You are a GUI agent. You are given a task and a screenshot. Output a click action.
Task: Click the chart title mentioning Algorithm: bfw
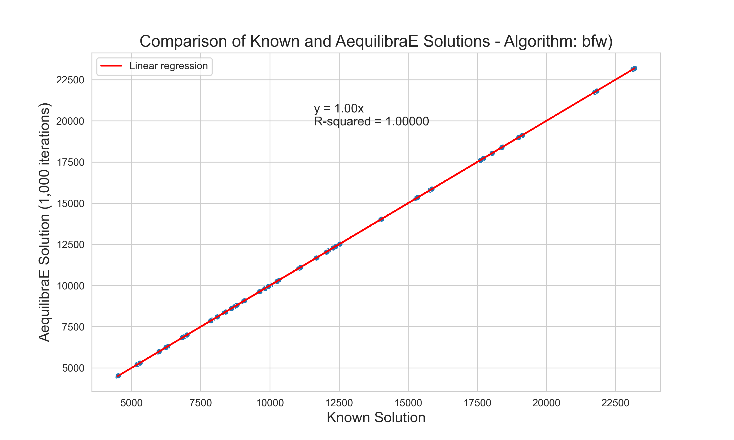[x=376, y=41]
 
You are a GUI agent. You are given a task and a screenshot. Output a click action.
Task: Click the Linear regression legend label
[x=168, y=66]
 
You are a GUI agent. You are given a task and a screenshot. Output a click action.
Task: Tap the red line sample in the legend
[x=111, y=66]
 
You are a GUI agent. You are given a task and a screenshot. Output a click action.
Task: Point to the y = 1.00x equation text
[x=339, y=109]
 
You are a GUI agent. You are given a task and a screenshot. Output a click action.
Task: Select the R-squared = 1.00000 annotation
[x=371, y=121]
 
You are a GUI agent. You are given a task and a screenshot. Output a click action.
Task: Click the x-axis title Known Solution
[x=376, y=418]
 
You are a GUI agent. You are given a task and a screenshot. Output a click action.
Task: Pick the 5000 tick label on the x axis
[x=131, y=403]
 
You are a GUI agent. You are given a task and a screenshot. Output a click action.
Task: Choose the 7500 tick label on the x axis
[x=201, y=403]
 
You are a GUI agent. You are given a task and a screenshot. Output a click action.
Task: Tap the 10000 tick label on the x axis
[x=270, y=403]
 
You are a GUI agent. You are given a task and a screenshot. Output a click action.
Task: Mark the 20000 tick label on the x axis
[x=546, y=403]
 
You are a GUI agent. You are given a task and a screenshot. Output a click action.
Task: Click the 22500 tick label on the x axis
[x=615, y=403]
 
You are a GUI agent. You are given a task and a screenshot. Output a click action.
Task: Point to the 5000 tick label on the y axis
[x=73, y=368]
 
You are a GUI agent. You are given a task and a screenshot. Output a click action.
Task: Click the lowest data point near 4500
[x=118, y=376]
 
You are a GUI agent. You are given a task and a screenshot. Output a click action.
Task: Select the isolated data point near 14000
[x=381, y=219]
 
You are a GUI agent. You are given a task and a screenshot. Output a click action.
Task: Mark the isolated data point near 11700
[x=316, y=258]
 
